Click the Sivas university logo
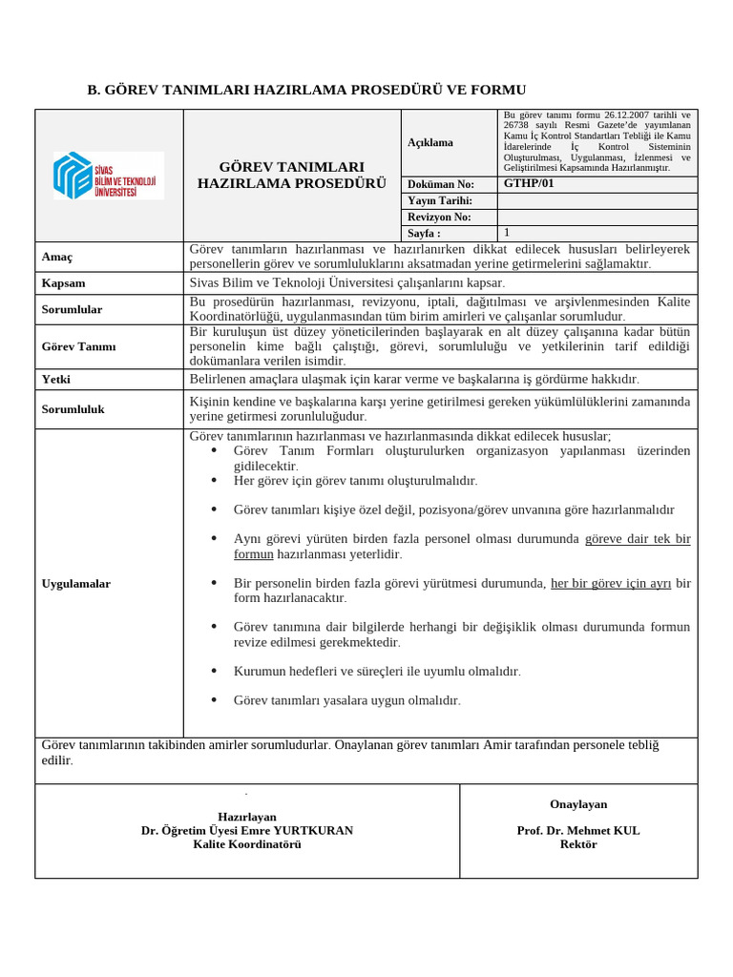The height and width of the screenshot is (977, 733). click(108, 176)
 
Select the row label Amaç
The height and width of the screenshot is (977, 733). click(57, 258)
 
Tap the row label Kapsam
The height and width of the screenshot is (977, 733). click(64, 283)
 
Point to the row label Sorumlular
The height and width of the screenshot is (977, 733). click(72, 309)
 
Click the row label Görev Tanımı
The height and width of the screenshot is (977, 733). click(78, 346)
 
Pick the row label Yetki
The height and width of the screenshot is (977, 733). click(57, 379)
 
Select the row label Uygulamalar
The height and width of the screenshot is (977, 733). click(76, 583)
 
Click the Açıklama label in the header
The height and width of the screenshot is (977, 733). click(430, 142)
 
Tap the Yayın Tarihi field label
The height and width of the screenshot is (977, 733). click(440, 200)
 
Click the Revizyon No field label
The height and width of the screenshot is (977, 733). click(439, 217)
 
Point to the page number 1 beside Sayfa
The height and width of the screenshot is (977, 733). click(507, 233)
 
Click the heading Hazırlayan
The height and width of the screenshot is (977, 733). click(246, 817)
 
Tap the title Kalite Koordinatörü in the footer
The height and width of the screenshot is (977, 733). click(246, 844)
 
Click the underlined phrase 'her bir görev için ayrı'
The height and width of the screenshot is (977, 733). click(611, 583)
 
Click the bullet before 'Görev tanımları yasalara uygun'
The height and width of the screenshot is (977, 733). click(213, 700)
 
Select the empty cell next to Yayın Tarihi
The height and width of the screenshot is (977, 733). click(597, 200)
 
